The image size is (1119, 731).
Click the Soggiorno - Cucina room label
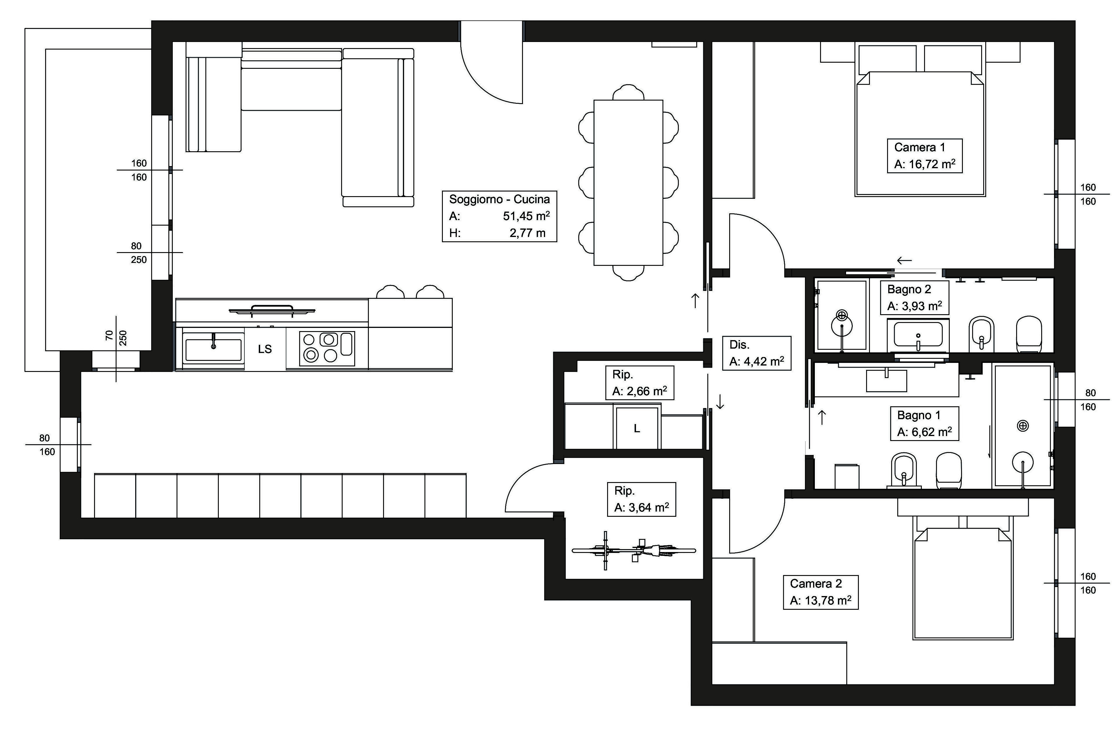499,216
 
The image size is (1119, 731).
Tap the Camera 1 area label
924,156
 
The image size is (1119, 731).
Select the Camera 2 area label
820,592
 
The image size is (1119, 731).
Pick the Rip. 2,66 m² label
639,383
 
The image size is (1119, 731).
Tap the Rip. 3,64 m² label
641,499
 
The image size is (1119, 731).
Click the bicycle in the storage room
634,550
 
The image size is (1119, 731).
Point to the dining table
628,182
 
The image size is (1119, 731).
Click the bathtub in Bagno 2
918,335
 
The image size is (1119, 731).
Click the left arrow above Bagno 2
904,260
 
